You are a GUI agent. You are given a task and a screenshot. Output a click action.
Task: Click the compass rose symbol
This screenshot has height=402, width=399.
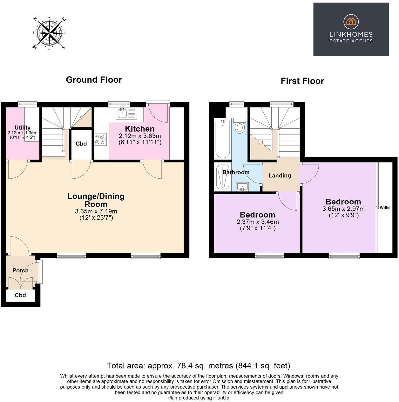(x=49, y=33)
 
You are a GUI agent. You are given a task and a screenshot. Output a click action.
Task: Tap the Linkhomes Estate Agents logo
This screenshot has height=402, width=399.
(x=351, y=29)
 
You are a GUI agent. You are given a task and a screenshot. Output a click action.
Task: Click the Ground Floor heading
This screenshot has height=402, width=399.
(x=94, y=80)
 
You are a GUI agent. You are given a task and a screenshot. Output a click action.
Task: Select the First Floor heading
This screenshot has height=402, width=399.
(x=302, y=81)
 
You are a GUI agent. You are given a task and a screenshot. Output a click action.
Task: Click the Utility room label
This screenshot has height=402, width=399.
(x=23, y=128)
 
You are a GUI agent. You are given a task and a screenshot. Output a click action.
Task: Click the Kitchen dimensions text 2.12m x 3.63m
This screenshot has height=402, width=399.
(x=140, y=136)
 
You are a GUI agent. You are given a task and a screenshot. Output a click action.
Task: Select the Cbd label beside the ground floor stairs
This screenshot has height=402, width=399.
(x=81, y=144)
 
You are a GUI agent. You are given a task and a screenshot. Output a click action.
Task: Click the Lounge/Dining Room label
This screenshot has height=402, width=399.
(x=96, y=200)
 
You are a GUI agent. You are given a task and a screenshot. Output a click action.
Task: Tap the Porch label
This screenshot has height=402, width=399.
(x=20, y=270)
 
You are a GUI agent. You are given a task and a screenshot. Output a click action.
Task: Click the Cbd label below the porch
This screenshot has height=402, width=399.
(x=20, y=295)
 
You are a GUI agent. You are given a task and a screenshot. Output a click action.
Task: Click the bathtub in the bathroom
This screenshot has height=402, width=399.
(x=222, y=139)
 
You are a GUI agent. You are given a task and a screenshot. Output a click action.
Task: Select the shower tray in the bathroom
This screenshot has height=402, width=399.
(x=222, y=177)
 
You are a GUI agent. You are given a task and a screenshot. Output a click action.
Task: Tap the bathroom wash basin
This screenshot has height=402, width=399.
(x=243, y=187)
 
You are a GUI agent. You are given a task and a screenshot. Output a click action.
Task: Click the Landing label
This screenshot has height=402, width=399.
(x=280, y=175)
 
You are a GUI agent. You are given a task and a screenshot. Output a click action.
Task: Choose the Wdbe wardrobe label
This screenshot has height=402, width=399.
(x=385, y=208)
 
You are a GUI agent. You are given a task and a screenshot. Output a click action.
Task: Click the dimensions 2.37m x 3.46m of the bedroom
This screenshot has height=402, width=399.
(x=257, y=222)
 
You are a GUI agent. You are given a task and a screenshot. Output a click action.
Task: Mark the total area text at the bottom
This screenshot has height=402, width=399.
(x=199, y=365)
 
